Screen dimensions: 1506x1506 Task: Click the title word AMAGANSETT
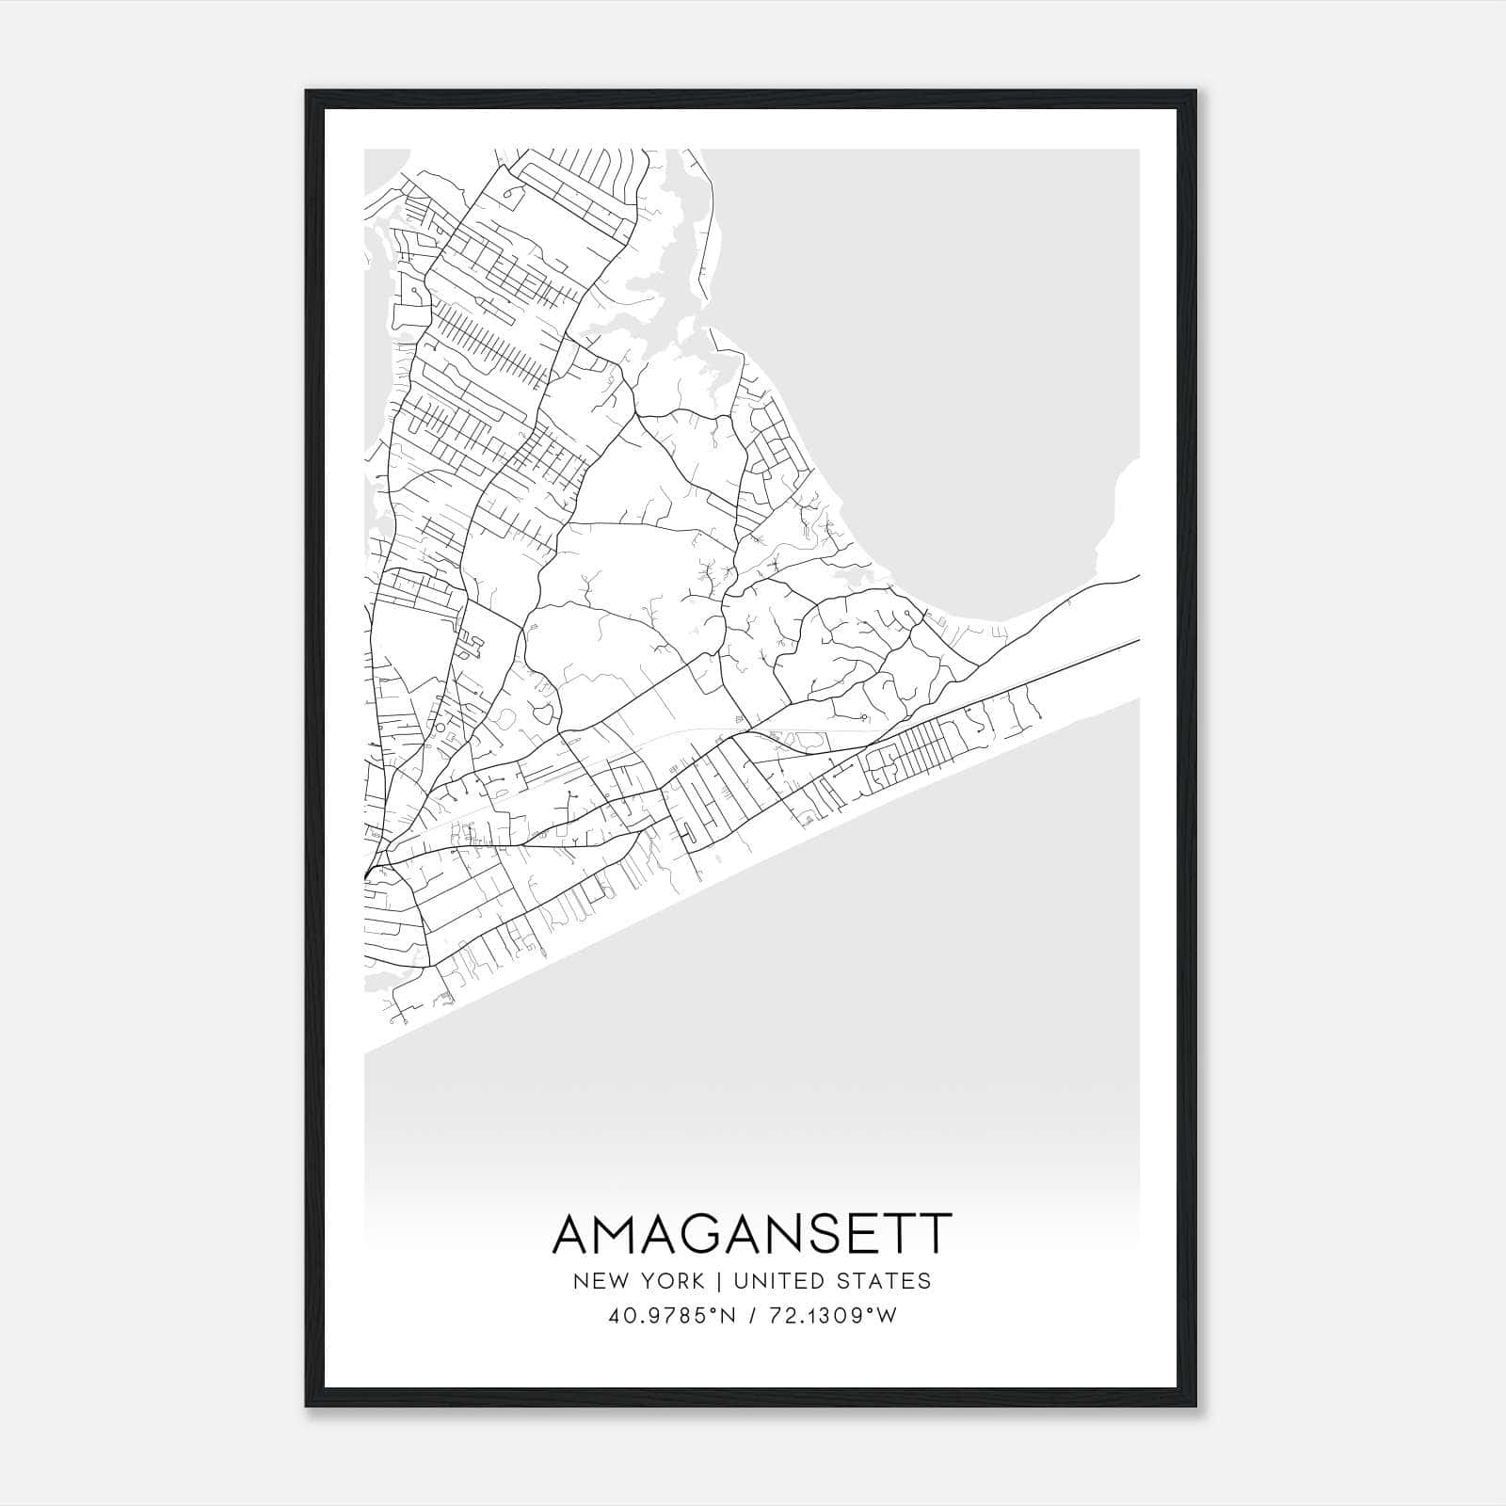(x=751, y=1234)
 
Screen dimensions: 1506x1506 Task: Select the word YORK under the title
(x=672, y=1281)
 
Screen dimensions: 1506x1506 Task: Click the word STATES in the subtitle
(x=886, y=1281)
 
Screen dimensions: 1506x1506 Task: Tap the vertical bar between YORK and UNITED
(x=719, y=1281)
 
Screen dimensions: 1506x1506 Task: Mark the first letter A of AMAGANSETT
(x=574, y=1234)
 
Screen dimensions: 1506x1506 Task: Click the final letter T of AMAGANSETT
(x=935, y=1234)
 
